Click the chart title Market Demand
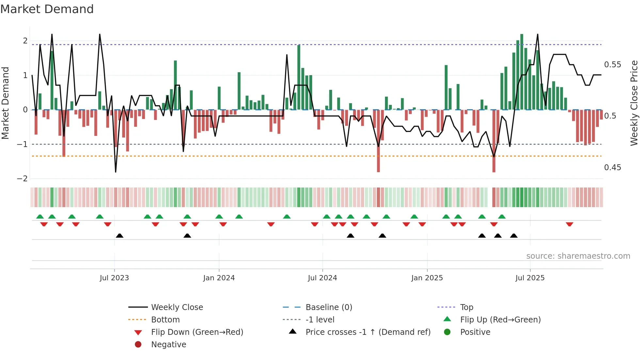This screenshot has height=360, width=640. click(47, 9)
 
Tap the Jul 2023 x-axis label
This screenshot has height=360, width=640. click(114, 278)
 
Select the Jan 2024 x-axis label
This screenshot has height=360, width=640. click(219, 278)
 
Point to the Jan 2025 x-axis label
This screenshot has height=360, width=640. click(427, 278)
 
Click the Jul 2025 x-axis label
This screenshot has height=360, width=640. click(530, 278)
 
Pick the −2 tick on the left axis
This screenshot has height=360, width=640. click(22, 179)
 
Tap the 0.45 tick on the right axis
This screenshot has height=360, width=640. click(613, 168)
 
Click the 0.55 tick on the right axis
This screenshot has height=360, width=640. click(613, 65)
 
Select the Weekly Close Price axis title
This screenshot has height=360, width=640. click(634, 103)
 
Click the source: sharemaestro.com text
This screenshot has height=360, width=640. click(578, 256)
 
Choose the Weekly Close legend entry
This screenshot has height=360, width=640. click(177, 307)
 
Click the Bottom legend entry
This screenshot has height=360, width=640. click(165, 320)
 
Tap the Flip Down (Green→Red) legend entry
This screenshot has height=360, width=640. click(197, 332)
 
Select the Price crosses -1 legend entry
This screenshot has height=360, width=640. click(368, 332)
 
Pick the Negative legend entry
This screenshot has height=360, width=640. click(168, 345)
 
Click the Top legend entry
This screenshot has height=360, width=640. click(467, 307)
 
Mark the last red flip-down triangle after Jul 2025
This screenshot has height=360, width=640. click(569, 224)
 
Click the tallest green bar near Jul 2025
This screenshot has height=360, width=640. click(522, 72)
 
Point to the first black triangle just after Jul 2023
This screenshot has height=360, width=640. click(120, 236)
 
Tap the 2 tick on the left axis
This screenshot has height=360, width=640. click(25, 41)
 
